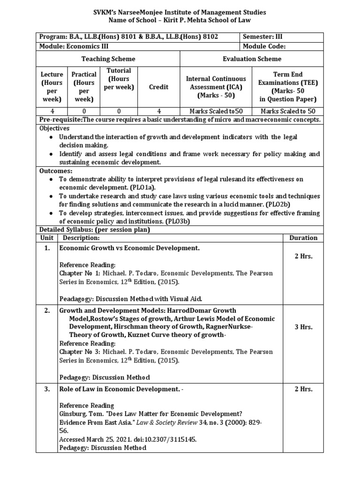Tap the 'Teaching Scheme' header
[x=108, y=59]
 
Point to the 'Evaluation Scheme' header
[x=252, y=59]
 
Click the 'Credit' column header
[x=158, y=87]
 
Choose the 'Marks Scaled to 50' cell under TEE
[x=288, y=111]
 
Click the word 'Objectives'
[x=54, y=128]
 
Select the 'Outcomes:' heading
[x=56, y=171]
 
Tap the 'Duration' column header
[x=303, y=238]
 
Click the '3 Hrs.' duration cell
[x=303, y=327]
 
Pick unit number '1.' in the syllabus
[x=47, y=247]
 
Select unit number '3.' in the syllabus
[x=47, y=389]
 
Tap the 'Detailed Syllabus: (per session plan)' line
[x=95, y=230]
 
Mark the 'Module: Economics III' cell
[x=70, y=46]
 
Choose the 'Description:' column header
[x=79, y=238]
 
